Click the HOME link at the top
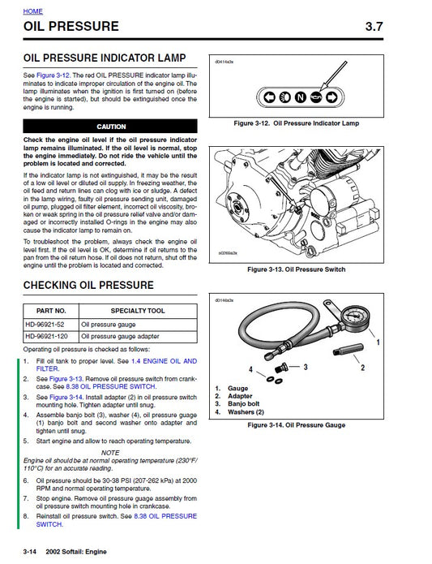point(33,11)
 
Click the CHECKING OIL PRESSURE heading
point(88,285)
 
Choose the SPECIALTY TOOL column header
point(138,310)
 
